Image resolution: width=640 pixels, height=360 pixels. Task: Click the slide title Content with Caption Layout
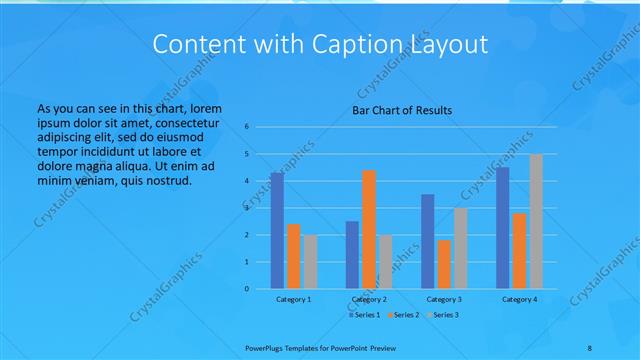tap(319, 44)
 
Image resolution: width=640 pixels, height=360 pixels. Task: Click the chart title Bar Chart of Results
tap(401, 110)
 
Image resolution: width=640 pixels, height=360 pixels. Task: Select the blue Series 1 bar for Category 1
tap(277, 230)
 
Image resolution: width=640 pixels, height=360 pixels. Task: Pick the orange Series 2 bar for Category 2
tap(369, 229)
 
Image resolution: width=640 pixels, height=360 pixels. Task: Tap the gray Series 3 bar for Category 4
tap(536, 221)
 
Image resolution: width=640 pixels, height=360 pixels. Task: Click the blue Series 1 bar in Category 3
tap(428, 241)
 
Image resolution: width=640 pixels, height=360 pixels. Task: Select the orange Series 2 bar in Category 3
tap(444, 264)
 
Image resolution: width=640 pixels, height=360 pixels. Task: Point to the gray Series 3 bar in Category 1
tap(310, 261)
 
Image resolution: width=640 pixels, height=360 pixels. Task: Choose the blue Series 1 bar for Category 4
tap(503, 227)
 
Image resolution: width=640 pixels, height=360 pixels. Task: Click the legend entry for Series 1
tap(363, 315)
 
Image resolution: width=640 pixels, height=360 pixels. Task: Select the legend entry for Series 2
tap(401, 315)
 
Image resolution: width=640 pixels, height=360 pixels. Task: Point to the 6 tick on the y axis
tap(247, 127)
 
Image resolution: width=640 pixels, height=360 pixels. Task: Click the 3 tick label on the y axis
tap(247, 208)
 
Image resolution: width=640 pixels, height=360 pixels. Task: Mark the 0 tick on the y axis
tap(247, 289)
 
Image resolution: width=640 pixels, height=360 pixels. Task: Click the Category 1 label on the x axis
tap(294, 299)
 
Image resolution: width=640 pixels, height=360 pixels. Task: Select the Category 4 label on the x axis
tap(519, 299)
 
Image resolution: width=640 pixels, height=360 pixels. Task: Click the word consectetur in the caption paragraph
tap(189, 121)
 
